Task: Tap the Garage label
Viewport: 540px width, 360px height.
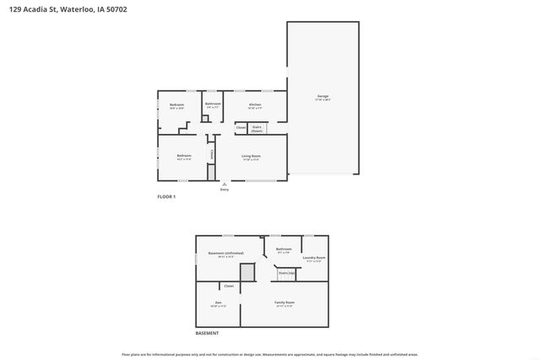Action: [x=322, y=97]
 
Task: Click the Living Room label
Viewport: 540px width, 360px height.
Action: [x=251, y=157]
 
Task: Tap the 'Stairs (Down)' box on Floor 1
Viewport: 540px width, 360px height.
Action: [x=256, y=128]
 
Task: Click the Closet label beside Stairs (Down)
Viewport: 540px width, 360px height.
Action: [x=240, y=128]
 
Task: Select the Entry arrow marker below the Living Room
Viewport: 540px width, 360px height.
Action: [x=224, y=183]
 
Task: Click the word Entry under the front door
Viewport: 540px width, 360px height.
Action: [x=224, y=190]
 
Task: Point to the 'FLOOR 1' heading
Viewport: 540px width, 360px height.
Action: [x=166, y=196]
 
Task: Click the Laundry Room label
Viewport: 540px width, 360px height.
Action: [x=314, y=258]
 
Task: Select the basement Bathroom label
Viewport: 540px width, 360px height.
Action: [x=283, y=250]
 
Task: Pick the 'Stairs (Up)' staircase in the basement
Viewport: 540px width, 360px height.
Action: [x=287, y=273]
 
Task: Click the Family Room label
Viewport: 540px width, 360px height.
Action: [x=284, y=303]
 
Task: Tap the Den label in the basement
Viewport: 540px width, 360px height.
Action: [x=218, y=303]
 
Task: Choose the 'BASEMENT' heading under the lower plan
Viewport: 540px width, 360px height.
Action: [x=208, y=334]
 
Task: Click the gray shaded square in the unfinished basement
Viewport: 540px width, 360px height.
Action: [x=247, y=272]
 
